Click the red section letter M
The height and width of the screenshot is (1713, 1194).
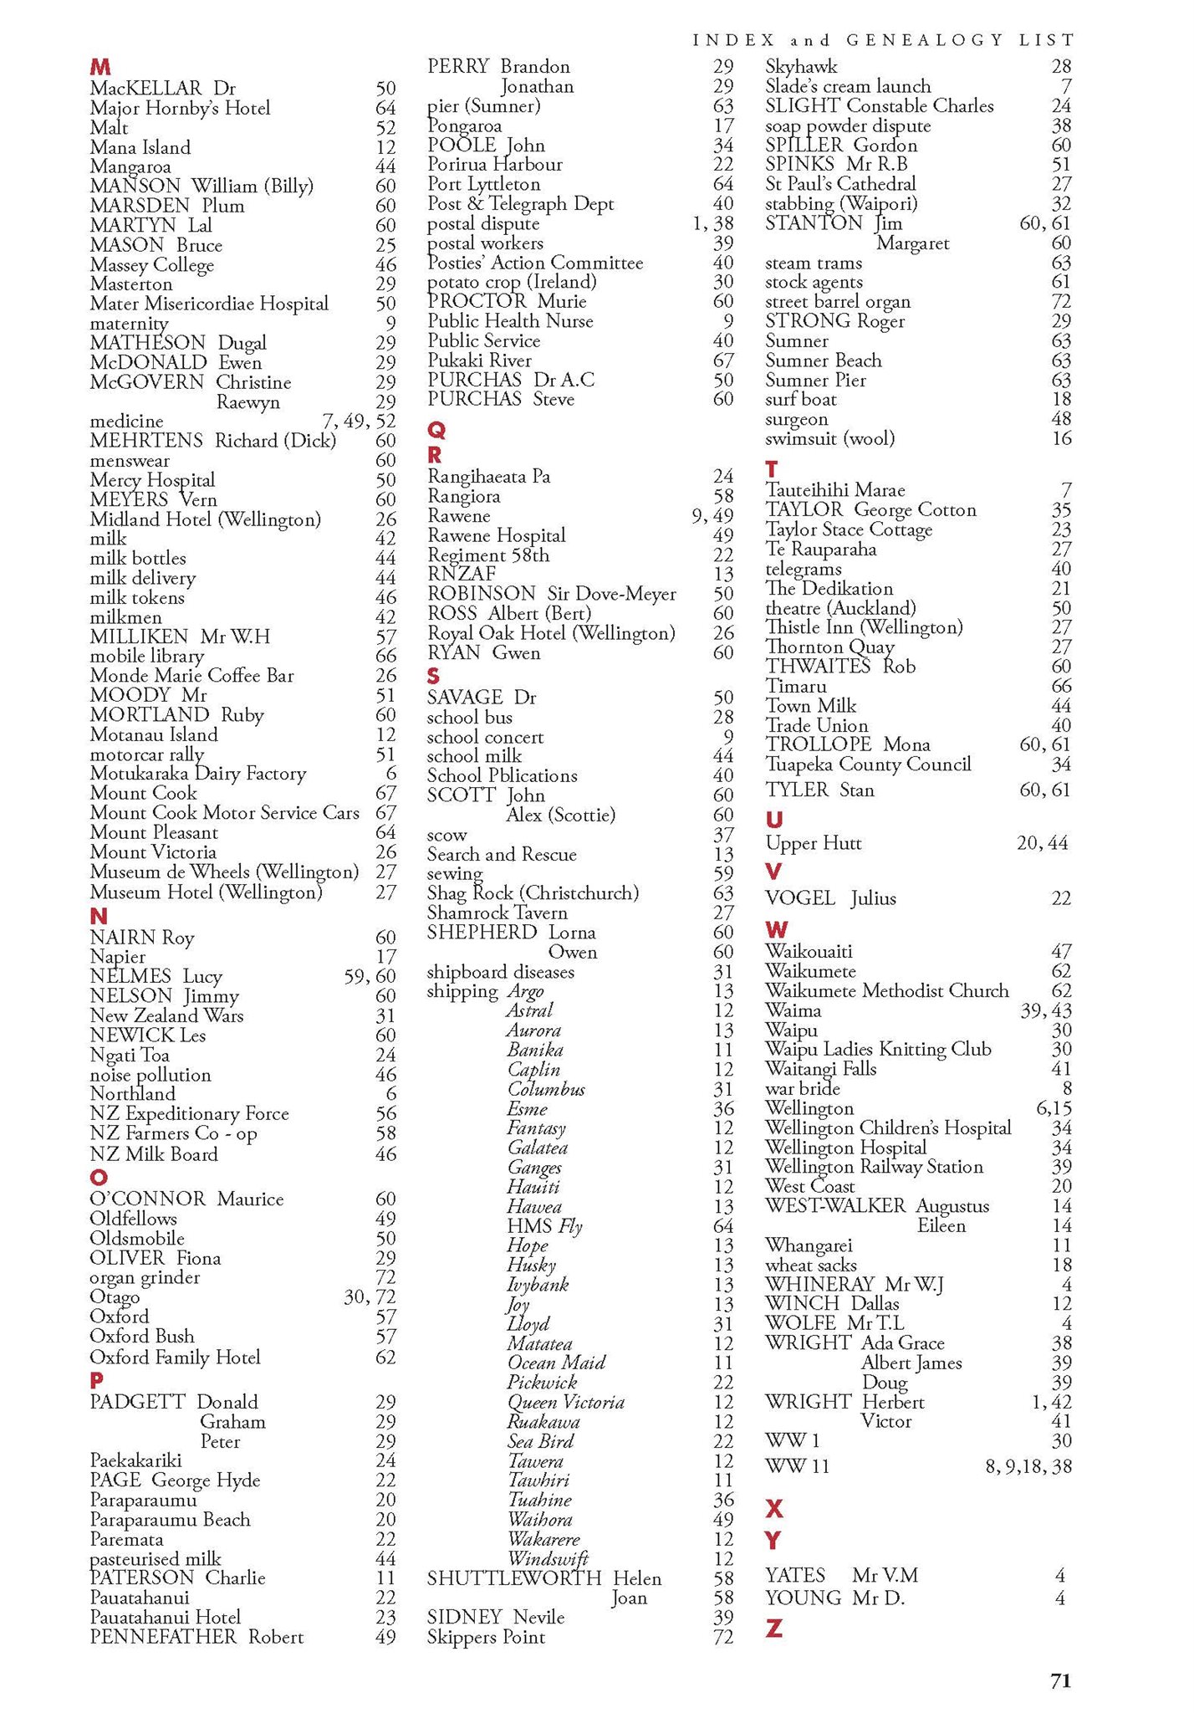coord(99,66)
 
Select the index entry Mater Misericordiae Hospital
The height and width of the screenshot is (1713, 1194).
coord(209,304)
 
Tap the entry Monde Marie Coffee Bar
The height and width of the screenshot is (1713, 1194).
coord(191,675)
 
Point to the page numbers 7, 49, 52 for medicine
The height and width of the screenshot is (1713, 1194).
coord(359,422)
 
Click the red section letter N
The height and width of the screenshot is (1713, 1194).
coord(99,916)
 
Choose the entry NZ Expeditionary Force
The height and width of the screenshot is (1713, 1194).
coord(189,1114)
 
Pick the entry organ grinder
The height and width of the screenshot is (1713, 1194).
coord(145,1277)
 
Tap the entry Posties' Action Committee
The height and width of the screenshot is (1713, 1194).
coord(535,263)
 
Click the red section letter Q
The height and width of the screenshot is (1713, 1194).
coord(436,430)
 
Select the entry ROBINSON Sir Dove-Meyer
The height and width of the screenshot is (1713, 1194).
coord(551,594)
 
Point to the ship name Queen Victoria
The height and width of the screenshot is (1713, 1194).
coord(565,1403)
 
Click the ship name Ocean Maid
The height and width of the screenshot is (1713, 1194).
coord(556,1363)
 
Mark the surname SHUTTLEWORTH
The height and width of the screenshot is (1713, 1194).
coord(514,1578)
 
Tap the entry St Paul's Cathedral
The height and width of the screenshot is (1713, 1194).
coord(840,184)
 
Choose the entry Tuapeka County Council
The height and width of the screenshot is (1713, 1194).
coord(868,764)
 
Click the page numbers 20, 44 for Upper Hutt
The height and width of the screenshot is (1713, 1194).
coord(1042,843)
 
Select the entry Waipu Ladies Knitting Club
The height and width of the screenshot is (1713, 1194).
coord(878,1049)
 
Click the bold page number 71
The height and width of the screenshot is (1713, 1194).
coord(1060,1681)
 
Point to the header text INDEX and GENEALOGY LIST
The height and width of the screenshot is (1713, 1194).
coord(883,39)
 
